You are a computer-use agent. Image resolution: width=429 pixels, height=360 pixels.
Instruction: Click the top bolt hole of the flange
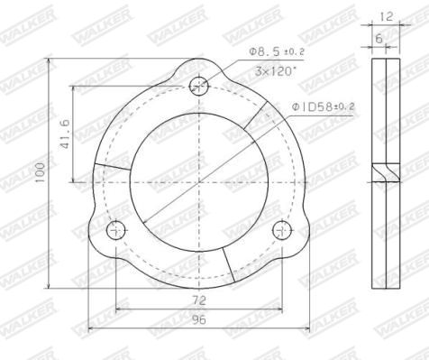[198, 86]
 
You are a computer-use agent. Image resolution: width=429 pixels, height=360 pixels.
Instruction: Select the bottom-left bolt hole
[116, 230]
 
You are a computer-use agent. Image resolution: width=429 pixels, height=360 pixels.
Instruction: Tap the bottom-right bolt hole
[282, 230]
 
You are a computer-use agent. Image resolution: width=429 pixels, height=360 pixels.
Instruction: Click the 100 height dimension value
[40, 172]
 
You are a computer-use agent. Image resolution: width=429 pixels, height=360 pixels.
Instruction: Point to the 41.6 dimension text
[65, 134]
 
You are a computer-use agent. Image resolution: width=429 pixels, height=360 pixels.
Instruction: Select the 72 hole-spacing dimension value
[199, 300]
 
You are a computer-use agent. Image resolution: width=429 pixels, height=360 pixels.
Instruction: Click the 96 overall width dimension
[199, 320]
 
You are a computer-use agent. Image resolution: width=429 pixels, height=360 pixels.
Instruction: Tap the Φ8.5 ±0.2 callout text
[277, 51]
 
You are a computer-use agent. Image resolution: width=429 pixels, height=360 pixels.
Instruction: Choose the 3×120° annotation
[275, 71]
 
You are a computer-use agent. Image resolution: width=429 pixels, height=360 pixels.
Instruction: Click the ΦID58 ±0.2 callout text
[323, 106]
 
